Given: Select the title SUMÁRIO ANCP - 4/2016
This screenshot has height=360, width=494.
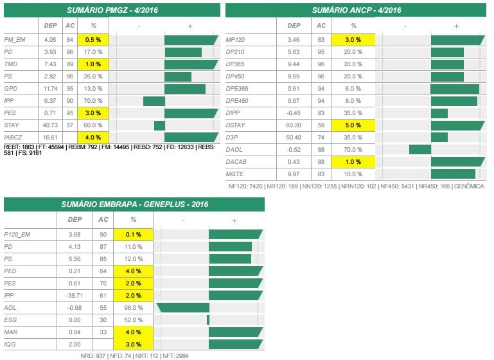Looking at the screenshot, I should (x=356, y=10).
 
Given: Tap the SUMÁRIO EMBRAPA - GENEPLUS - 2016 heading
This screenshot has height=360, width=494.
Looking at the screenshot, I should (x=134, y=204).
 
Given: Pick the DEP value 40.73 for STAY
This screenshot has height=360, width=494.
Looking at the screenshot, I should (x=49, y=125).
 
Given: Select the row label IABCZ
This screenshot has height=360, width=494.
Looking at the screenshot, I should (x=13, y=137).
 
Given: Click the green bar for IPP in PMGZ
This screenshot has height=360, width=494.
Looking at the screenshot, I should (x=154, y=101).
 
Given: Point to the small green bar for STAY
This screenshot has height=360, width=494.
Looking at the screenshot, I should (x=159, y=125).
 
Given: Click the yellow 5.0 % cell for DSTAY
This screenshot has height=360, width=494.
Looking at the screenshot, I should (x=353, y=125).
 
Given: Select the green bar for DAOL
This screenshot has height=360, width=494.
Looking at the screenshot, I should (x=419, y=150).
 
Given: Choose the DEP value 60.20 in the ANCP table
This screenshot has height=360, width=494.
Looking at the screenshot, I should (x=293, y=125).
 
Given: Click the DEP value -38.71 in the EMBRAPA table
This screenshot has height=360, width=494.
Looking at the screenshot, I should (x=75, y=295).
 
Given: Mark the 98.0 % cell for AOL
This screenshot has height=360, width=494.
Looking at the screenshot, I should (x=132, y=307).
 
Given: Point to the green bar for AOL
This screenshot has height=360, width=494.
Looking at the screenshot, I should (x=182, y=307).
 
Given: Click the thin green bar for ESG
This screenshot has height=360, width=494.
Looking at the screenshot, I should (x=208, y=319).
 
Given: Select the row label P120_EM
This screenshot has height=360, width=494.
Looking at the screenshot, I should (x=17, y=234).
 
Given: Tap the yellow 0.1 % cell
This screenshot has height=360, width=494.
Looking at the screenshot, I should (x=132, y=234).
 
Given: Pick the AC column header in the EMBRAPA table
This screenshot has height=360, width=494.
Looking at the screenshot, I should (x=103, y=219).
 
